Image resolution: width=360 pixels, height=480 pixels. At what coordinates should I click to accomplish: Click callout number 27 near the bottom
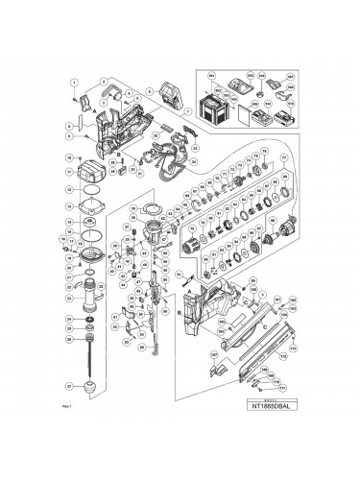click(69, 385)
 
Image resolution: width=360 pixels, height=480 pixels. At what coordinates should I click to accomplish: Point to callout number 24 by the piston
click(69, 318)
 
